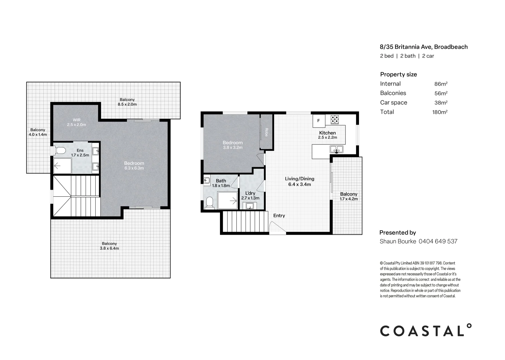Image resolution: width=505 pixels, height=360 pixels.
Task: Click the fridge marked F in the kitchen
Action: [x=319, y=121]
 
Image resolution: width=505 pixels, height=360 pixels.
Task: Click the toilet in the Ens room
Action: [x=59, y=151]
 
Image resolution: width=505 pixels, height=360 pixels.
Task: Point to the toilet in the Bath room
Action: [x=210, y=203]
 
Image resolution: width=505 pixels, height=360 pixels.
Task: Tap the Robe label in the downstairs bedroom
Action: [x=266, y=132]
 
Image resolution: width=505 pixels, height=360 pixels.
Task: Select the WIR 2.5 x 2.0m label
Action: [x=77, y=122]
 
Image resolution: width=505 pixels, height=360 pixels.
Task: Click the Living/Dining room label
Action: [x=299, y=181]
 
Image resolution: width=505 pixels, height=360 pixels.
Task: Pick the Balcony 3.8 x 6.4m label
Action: [x=109, y=246]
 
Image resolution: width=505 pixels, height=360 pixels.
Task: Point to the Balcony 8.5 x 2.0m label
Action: [x=127, y=102]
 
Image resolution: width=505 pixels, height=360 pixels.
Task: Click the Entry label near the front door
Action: [x=279, y=216]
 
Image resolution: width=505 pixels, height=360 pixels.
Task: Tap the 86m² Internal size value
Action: [x=440, y=84]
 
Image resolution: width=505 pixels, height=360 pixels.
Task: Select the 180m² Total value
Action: [x=439, y=112]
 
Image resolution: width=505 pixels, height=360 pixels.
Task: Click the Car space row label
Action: [x=393, y=103]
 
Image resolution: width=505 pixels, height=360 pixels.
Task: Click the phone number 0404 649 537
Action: [x=438, y=241]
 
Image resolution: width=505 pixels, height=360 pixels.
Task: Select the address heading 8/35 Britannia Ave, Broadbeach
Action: [x=424, y=47]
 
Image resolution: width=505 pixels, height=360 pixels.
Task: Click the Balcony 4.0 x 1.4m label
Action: [x=38, y=132]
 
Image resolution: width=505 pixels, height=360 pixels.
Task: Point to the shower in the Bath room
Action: [x=228, y=200]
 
